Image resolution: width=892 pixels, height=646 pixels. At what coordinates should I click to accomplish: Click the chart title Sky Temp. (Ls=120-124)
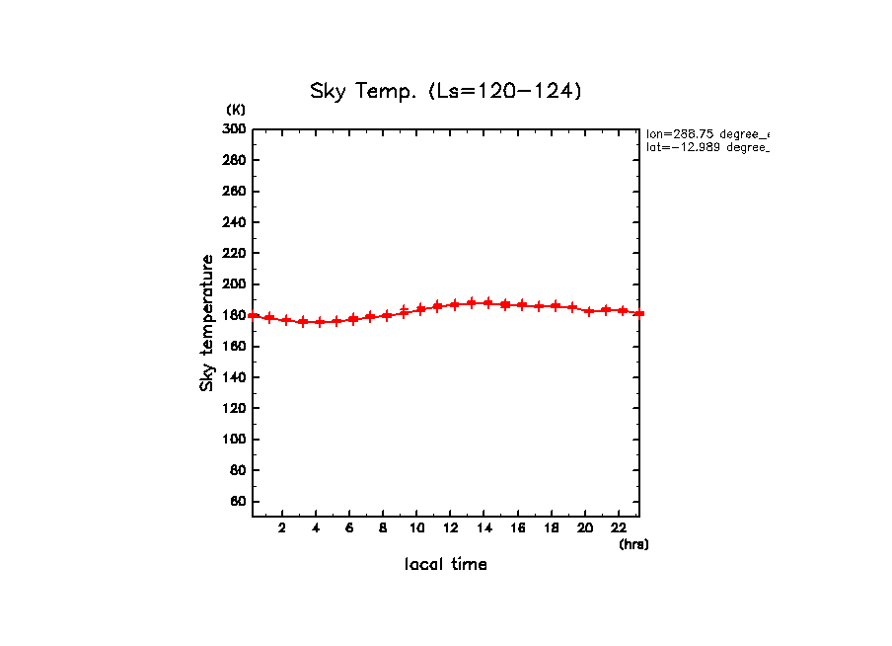click(446, 92)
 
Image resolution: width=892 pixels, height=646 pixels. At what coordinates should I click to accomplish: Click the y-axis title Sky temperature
click(207, 323)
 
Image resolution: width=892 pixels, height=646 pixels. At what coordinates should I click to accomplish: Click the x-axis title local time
click(445, 564)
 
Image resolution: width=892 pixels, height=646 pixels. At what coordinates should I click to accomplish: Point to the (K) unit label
click(236, 110)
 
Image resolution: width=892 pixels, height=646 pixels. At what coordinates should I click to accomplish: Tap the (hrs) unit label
click(633, 544)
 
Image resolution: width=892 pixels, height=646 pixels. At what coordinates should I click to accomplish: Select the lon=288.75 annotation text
click(706, 133)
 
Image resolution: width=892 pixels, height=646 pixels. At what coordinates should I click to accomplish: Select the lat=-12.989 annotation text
click(706, 147)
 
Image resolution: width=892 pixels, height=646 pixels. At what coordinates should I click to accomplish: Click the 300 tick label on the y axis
click(234, 129)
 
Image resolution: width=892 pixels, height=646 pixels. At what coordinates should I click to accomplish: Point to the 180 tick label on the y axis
click(234, 316)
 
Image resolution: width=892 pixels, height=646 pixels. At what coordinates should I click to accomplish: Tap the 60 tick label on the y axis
click(237, 502)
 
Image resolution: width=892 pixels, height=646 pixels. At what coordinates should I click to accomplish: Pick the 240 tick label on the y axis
click(234, 222)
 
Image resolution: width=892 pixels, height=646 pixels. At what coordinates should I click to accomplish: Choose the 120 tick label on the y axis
click(234, 409)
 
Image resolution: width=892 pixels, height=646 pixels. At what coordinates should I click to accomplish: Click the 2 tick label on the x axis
click(282, 527)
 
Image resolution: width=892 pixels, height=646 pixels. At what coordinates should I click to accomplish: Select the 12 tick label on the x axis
click(450, 527)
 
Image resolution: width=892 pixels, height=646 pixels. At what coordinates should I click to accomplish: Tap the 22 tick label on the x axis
click(619, 527)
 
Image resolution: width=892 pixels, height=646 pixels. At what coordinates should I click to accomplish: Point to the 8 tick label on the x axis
click(383, 527)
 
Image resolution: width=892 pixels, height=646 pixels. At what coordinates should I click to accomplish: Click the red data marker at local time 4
click(320, 322)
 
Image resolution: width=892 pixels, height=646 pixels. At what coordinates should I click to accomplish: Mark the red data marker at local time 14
click(487, 303)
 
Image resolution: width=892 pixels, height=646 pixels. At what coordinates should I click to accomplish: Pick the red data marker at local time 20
click(589, 311)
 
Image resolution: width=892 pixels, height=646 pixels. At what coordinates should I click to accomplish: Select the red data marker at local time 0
click(254, 316)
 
